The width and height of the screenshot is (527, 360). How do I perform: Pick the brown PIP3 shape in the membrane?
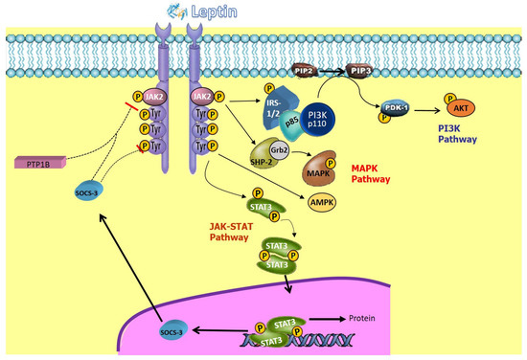tap(360, 71)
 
